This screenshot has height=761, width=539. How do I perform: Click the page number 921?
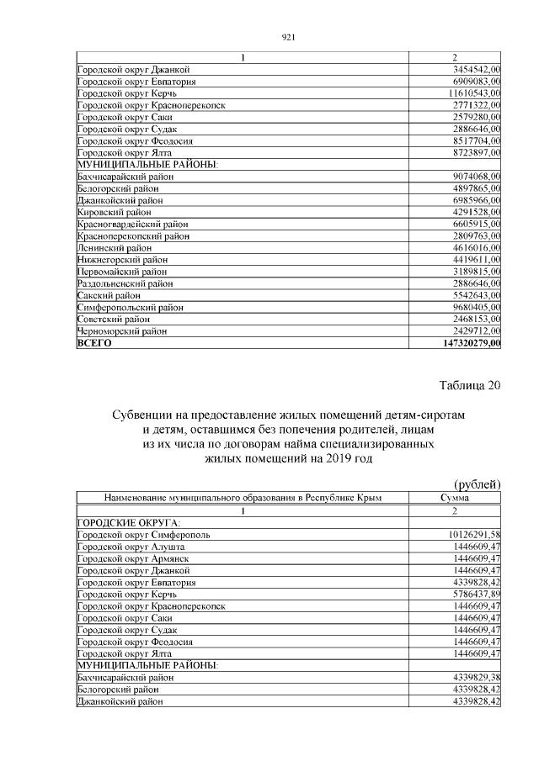(286, 38)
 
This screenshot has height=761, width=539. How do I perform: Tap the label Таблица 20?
(470, 385)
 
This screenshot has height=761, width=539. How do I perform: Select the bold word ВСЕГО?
(93, 344)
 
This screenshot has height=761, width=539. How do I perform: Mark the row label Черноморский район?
(120, 332)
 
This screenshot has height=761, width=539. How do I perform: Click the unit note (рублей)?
(478, 484)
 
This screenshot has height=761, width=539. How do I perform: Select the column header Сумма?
(454, 498)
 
